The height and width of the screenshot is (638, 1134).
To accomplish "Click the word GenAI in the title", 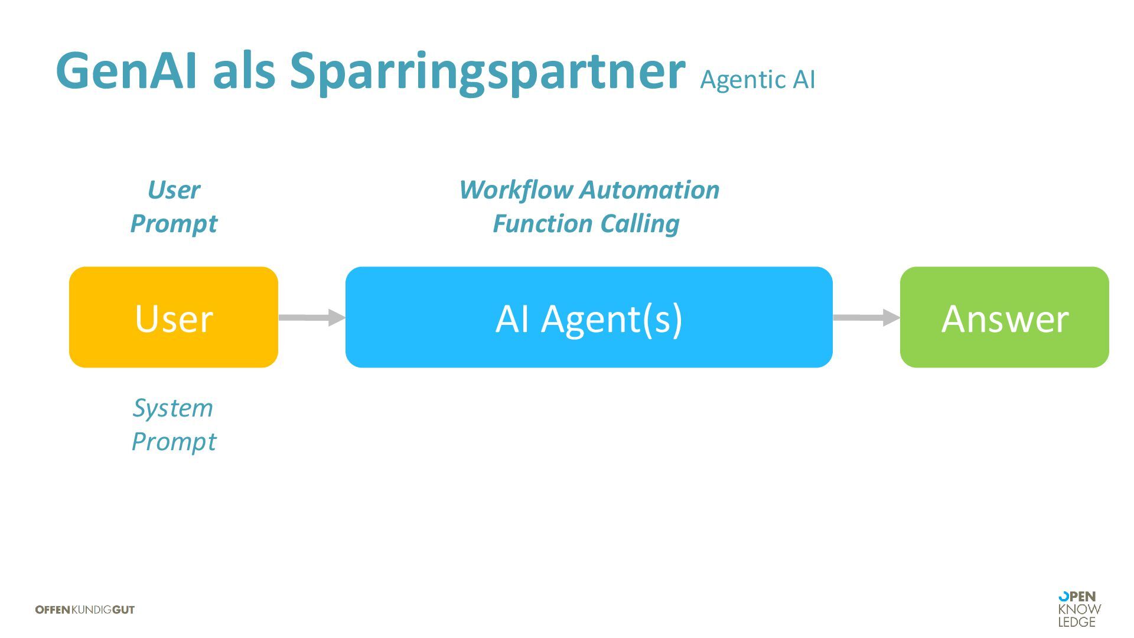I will pos(126,71).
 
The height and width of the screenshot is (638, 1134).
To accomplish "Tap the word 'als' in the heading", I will pos(244,71).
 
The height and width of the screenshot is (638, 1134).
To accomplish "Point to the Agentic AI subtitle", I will pos(757,80).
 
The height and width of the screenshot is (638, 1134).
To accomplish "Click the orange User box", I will pos(174,317).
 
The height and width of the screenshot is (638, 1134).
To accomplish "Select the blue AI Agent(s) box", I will pos(589,317).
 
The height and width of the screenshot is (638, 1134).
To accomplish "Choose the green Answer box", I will pos(1004,317).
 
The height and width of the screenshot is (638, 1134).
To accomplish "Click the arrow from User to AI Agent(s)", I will pos(311,317).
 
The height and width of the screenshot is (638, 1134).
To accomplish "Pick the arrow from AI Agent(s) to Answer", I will pos(866,317).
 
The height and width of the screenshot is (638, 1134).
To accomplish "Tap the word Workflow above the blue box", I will pos(516,190).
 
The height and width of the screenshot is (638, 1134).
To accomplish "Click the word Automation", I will pos(650,190).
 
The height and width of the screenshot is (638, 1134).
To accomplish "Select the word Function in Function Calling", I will pos(543,224).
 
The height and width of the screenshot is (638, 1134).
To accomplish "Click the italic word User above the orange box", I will pos(174,190).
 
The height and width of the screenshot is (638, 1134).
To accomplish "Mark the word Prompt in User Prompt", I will pos(174,224).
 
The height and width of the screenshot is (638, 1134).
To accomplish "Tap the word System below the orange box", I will pos(173,408).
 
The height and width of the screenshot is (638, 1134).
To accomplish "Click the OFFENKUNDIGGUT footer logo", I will pos(85,610).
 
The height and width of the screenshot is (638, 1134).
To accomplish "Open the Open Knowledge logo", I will pos(1079,609).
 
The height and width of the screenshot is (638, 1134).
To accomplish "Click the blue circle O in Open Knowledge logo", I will pos(1064,597).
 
